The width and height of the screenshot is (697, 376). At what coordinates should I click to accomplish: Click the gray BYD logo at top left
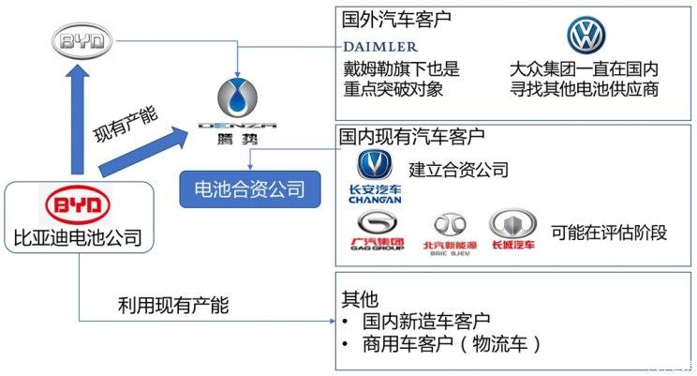(x=82, y=41)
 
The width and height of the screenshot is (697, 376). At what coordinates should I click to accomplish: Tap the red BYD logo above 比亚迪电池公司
(x=79, y=205)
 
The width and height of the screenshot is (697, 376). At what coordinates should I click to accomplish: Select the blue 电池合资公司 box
(x=243, y=189)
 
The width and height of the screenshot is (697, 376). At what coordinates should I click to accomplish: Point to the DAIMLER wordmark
(x=380, y=46)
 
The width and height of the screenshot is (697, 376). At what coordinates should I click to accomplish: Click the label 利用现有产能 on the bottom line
(x=172, y=305)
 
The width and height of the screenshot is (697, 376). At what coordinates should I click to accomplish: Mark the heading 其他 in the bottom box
(x=356, y=298)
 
